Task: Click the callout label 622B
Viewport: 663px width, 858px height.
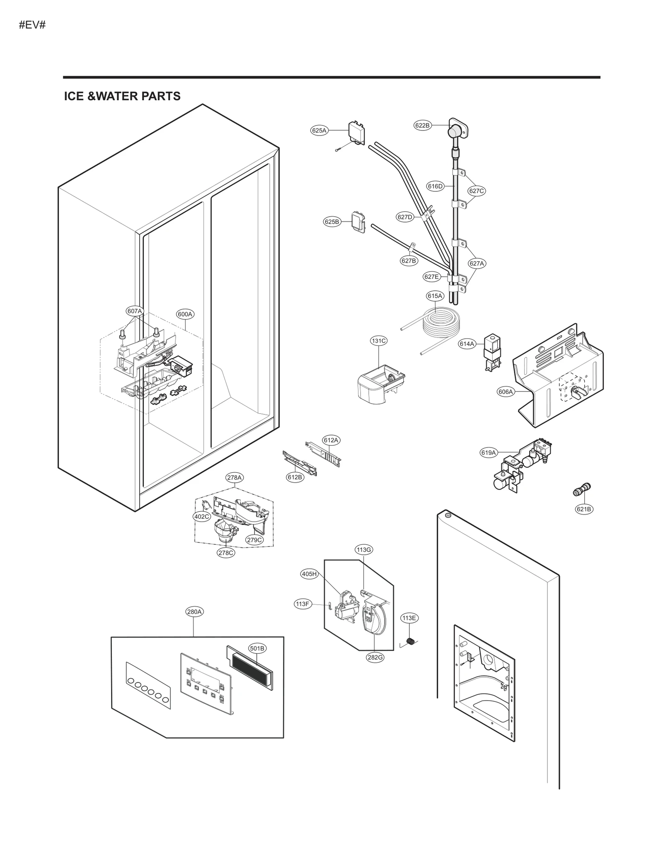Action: point(422,125)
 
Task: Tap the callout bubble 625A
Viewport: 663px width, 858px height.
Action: point(319,131)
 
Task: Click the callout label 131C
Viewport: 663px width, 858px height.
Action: point(378,341)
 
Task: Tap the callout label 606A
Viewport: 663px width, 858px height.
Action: point(506,392)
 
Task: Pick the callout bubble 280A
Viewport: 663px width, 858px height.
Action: point(194,611)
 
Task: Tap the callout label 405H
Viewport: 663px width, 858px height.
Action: point(309,574)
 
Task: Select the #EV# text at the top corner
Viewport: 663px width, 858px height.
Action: point(32,25)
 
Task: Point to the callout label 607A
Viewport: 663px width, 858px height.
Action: point(134,311)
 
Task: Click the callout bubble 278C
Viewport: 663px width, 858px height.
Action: point(226,552)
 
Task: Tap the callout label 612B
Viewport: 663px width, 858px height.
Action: point(295,477)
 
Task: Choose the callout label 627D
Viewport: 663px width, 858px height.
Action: point(405,217)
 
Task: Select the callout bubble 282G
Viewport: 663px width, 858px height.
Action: point(375,657)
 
